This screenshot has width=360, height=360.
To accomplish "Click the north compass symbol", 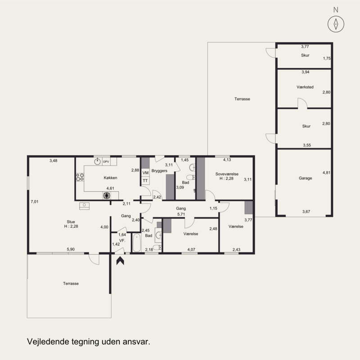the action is point(336,24).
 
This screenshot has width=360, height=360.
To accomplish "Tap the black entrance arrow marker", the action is point(120,261).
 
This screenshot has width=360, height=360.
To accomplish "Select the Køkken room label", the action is point(110,178).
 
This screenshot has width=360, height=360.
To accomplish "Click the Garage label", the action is point(306,178).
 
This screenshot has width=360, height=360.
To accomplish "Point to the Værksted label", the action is point(305,87).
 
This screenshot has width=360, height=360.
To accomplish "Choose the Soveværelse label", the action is point(227,174).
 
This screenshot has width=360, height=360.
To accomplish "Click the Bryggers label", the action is point(159,171).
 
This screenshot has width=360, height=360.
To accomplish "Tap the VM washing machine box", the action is point(145,173).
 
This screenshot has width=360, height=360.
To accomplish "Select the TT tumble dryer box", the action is point(145,181).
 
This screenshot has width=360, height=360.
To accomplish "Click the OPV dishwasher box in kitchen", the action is point(106,162).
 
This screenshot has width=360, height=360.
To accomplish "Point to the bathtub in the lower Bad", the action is point(137,243).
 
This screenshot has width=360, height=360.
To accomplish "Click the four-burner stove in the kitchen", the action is point(80,177).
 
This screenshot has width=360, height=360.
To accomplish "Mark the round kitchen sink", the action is point(98,162).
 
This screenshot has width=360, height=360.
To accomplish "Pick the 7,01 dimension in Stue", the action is point(35,202).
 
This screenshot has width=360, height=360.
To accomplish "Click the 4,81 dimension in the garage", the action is point(326,173).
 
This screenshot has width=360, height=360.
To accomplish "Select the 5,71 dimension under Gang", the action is point(181,214).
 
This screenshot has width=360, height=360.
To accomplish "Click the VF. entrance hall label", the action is point(122,240).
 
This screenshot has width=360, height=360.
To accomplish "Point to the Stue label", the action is point(71,222).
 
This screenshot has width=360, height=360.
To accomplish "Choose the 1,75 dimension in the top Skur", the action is point(327,58).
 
